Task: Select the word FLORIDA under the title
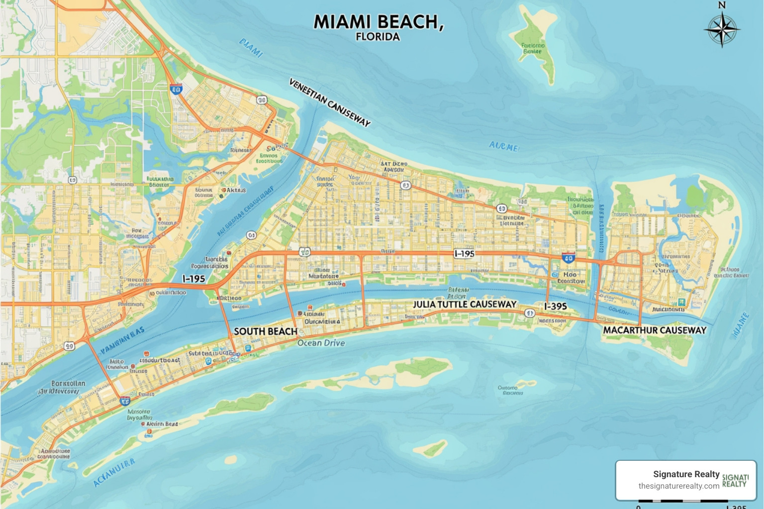pos(378,37)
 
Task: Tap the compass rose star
pos(722,30)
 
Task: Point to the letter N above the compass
pos(722,5)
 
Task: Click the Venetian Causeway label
pos(330,102)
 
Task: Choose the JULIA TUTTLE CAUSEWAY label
pos(465,304)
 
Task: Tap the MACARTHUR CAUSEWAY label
pos(655,330)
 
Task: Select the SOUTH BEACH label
pos(266,332)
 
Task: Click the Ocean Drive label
pos(321,343)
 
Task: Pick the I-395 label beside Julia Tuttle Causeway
pos(555,306)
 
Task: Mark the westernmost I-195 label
pos(193,279)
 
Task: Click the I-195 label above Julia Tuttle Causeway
pos(464,254)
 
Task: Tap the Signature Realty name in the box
pos(686,474)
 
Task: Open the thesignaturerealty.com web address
pos(678,486)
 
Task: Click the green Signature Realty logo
pos(735,480)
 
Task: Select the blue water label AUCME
pos(503,146)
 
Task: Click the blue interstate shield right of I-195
pos(568,257)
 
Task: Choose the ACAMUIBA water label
pos(114,473)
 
